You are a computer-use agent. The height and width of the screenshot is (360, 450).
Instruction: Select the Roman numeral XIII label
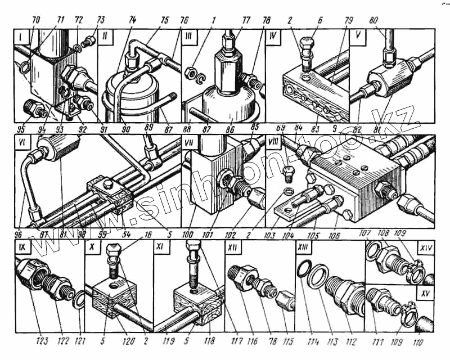pos(303,246)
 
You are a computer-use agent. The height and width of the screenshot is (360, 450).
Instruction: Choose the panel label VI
pos(22,143)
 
